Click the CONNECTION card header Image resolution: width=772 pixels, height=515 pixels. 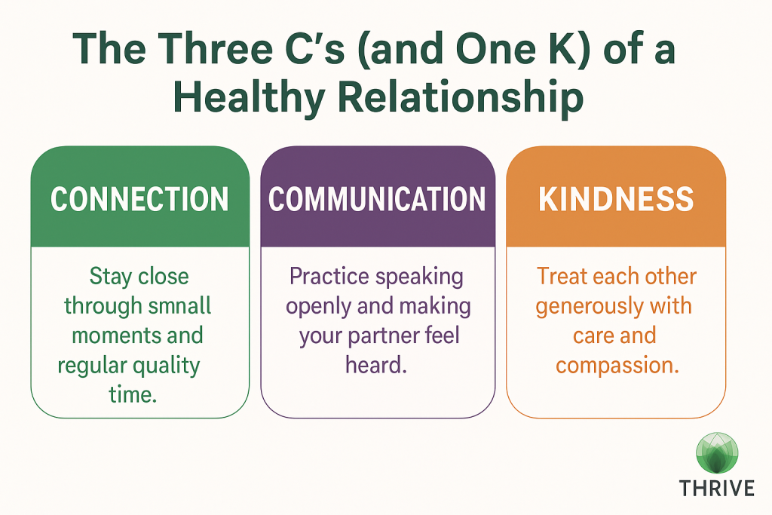point(139,197)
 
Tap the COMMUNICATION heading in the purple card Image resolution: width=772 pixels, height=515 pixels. point(377,199)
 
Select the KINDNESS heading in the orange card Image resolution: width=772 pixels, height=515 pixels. point(616,199)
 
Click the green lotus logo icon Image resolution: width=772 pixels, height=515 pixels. point(718,453)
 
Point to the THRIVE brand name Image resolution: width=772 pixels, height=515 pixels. point(717,489)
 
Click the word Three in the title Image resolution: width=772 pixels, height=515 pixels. point(216,49)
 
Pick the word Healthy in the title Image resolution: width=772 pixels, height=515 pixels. point(249,97)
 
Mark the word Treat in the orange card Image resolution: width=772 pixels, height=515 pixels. point(561,276)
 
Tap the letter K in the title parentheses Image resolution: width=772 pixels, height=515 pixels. point(561,49)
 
